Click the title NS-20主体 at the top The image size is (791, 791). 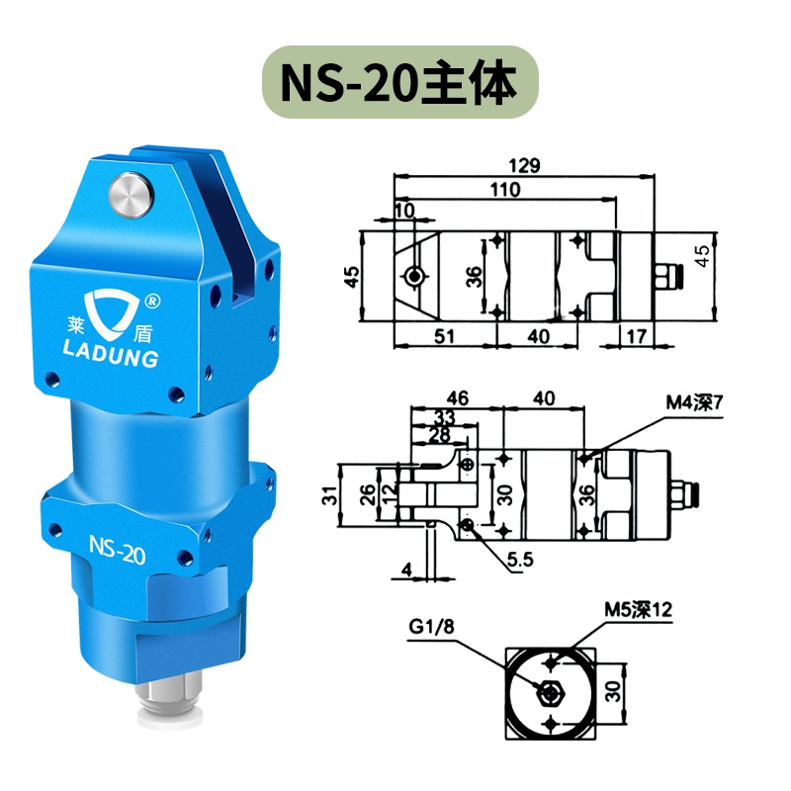pyautogui.click(x=395, y=85)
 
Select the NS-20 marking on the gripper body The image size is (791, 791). pyautogui.click(x=118, y=550)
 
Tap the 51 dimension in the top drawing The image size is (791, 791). pyautogui.click(x=443, y=336)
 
